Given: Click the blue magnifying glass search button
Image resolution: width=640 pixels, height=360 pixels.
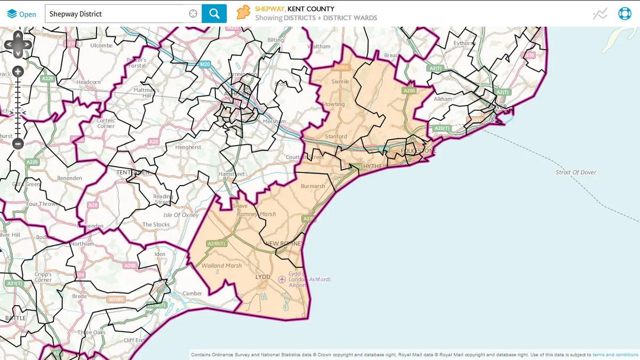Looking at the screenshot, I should (214, 14).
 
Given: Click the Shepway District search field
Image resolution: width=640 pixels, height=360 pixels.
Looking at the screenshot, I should (117, 14).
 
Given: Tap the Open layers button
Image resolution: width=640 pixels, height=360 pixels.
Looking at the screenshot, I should (22, 14).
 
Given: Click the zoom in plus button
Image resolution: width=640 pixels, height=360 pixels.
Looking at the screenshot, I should (18, 71).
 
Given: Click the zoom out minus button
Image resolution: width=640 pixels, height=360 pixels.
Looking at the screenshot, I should (18, 143).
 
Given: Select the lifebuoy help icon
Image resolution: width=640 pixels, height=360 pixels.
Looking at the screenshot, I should (625, 14).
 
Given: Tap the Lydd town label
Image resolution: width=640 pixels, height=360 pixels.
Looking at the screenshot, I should (263, 278).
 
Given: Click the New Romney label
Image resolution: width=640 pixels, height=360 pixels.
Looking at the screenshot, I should (283, 244).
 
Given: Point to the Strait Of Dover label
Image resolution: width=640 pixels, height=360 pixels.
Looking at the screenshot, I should (576, 173).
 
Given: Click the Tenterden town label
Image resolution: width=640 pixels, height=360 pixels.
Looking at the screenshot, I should (133, 172).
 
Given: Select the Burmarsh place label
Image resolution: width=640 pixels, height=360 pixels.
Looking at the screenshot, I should (313, 186).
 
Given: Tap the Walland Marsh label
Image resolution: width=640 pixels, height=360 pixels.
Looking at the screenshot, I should (221, 266).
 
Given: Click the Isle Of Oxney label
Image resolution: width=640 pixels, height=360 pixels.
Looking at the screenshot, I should (181, 215).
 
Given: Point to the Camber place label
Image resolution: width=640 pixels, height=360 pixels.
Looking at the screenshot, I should (193, 293).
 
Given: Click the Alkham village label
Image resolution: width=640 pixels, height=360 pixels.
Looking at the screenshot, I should (443, 99).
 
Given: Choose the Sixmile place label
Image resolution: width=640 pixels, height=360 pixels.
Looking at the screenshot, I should (340, 82).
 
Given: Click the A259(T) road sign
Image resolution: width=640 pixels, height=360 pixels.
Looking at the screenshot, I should (217, 244).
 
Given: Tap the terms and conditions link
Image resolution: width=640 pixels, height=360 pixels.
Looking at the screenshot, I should (615, 355).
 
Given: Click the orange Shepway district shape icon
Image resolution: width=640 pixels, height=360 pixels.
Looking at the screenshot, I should (244, 13).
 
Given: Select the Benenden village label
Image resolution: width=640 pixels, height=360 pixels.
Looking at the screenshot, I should (70, 178).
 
